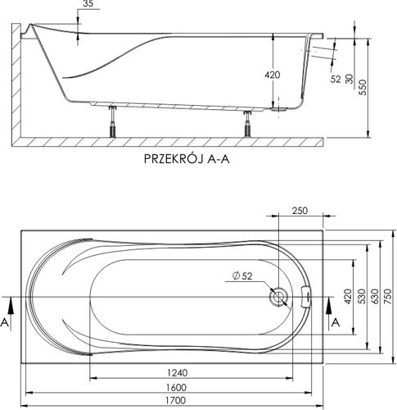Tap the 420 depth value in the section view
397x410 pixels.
(x=273, y=75)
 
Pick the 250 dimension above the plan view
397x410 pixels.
(x=301, y=211)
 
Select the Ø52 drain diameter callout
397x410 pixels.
(x=240, y=276)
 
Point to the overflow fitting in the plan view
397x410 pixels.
(x=307, y=296)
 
